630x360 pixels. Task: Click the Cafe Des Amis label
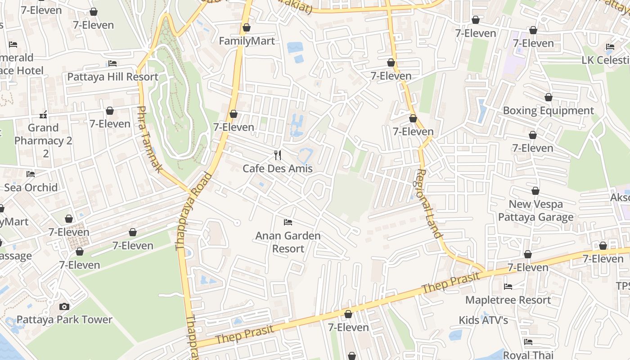pyautogui.click(x=277, y=169)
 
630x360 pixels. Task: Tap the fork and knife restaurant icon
pyautogui.click(x=278, y=155)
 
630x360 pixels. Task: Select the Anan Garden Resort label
pyautogui.click(x=288, y=242)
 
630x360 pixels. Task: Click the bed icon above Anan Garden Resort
pyautogui.click(x=288, y=222)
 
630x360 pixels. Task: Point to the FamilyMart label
pyautogui.click(x=247, y=41)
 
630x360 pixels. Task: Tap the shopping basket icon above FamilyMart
pyautogui.click(x=247, y=27)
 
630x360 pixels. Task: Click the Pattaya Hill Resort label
pyautogui.click(x=112, y=76)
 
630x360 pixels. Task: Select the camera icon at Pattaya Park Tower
pyautogui.click(x=64, y=306)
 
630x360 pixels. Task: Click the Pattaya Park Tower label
pyautogui.click(x=64, y=319)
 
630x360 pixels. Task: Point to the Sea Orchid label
pyautogui.click(x=31, y=187)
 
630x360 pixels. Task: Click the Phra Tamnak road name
pyautogui.click(x=149, y=139)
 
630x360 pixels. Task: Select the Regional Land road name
pyautogui.click(x=428, y=203)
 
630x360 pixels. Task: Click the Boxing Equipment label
pyautogui.click(x=548, y=111)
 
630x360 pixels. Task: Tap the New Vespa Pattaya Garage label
pyautogui.click(x=535, y=211)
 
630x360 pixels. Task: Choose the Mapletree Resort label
pyautogui.click(x=508, y=300)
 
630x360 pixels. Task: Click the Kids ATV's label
pyautogui.click(x=483, y=320)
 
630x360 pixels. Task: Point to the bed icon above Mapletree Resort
pyautogui.click(x=508, y=286)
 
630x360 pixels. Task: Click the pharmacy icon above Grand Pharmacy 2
pyautogui.click(x=43, y=114)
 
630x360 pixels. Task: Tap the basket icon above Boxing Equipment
pyautogui.click(x=549, y=97)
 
